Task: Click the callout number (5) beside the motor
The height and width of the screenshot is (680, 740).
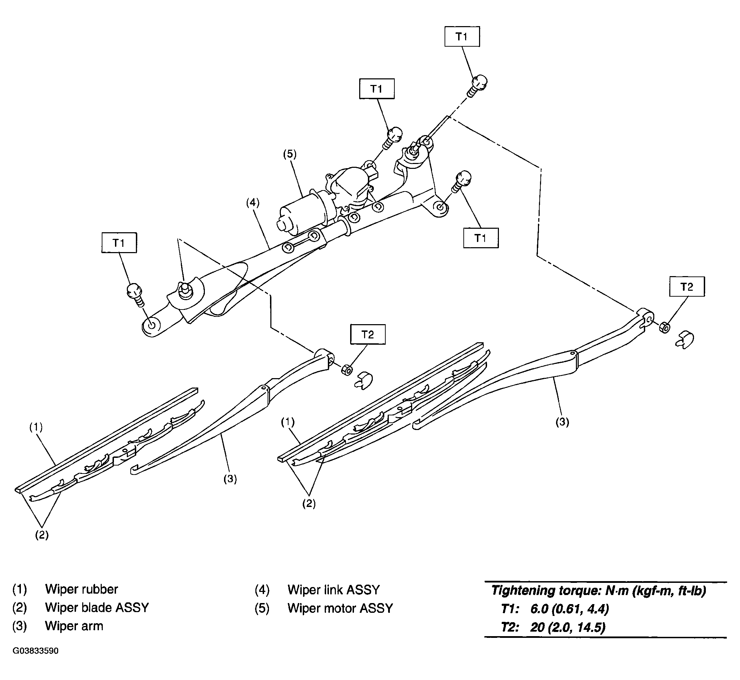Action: coord(290,154)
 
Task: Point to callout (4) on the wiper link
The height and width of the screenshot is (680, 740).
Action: coord(253,203)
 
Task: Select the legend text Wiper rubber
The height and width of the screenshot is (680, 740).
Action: coord(82,589)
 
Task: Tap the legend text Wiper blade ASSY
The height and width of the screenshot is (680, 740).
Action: coord(97,608)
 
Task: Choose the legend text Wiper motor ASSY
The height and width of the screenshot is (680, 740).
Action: coord(340,608)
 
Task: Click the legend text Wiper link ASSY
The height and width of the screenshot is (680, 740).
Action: coord(333,590)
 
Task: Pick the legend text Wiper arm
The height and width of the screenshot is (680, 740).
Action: coord(74,626)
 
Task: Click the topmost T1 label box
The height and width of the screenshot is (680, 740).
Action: coord(462,37)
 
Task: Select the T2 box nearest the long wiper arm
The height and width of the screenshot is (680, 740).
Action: coord(687,286)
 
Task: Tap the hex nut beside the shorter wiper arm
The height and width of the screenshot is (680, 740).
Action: coord(346,370)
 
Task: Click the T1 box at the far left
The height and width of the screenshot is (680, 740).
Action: coord(119,242)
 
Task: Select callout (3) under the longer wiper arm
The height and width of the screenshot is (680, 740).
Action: coord(562,422)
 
